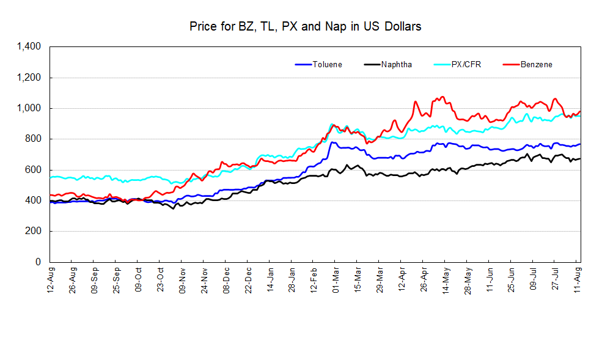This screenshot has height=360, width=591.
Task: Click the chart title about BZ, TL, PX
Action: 305,26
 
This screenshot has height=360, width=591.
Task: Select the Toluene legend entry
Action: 327,64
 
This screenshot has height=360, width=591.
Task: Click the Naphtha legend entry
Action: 397,64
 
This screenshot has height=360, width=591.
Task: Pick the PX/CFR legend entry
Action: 466,64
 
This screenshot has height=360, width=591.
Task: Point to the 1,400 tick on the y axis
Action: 29,46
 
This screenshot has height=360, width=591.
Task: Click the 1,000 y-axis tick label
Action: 29,108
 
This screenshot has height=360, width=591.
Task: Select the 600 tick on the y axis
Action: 32,170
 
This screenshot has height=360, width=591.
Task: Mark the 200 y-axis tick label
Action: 32,231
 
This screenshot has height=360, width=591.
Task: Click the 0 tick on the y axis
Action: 37,262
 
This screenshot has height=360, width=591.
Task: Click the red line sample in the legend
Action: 510,64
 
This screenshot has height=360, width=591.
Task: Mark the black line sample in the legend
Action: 371,64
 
